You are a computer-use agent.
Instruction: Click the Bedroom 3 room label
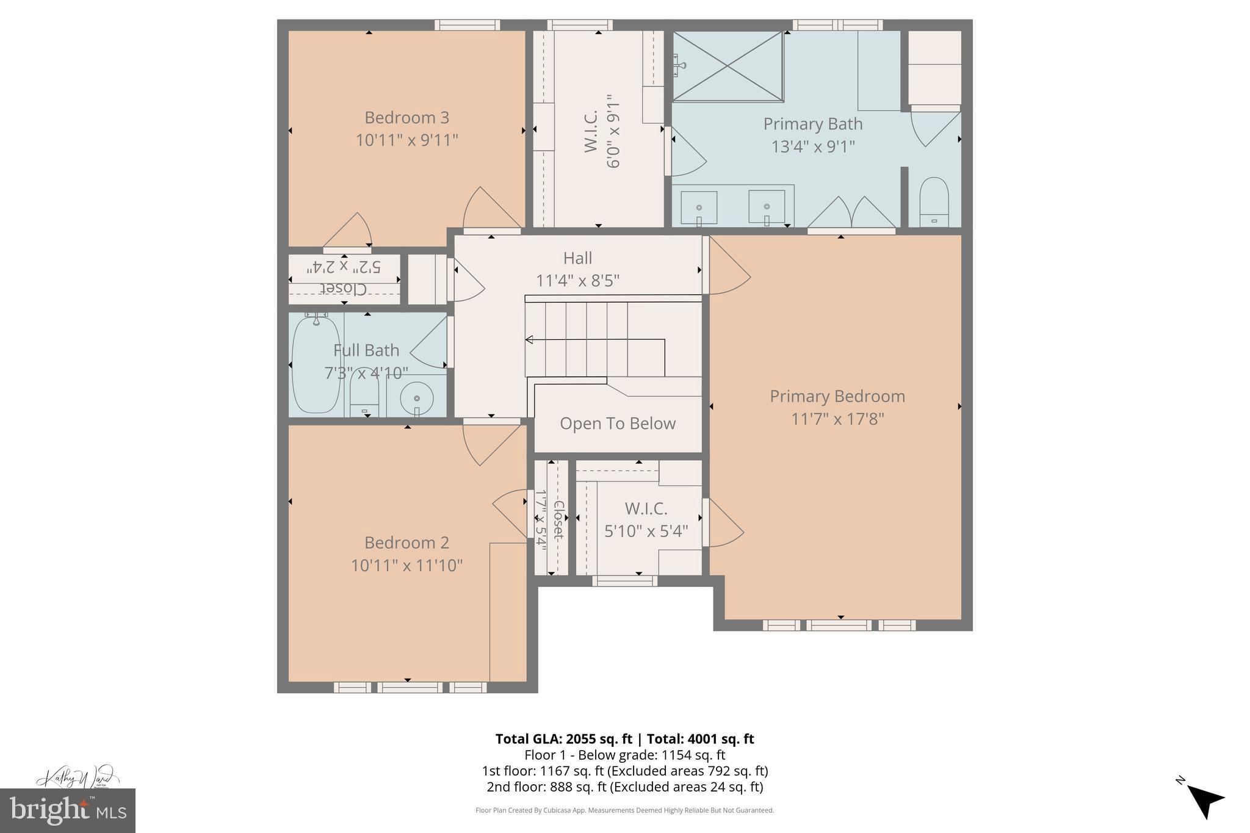(406, 117)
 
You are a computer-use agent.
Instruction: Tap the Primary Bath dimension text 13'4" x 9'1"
(812, 146)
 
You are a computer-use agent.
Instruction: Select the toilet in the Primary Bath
(934, 201)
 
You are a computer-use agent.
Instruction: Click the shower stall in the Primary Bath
(727, 66)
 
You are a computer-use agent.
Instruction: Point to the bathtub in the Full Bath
(316, 365)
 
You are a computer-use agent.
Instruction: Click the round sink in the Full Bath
(417, 398)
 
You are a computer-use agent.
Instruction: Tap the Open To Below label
(617, 424)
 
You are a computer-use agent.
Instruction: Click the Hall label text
(577, 258)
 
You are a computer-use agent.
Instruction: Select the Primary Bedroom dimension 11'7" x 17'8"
(837, 419)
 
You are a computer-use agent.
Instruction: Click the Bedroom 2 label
(406, 543)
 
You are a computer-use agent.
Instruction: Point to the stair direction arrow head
(529, 339)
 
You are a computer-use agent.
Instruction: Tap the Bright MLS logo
(67, 811)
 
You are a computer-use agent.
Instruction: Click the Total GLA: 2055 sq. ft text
(563, 739)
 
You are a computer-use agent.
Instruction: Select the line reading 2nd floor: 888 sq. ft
(624, 787)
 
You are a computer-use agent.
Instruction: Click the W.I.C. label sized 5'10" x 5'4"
(646, 508)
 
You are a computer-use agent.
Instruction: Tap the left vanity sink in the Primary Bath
(699, 207)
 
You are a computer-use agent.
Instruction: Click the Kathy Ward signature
(76, 777)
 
